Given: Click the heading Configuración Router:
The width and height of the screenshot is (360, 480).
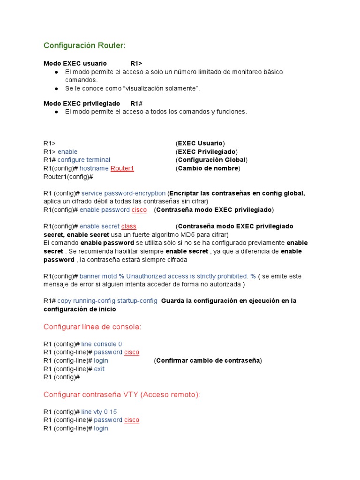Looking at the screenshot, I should tap(84, 45).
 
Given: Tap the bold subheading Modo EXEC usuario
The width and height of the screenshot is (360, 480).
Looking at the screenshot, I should tap(75, 63).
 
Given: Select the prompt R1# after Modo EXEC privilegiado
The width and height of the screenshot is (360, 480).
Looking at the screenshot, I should tap(136, 103).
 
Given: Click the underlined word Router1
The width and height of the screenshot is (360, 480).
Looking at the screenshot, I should tap(122, 168).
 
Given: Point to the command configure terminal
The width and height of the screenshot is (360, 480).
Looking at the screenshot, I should tap(84, 160).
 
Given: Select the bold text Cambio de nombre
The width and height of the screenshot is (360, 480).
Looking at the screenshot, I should tap(208, 168).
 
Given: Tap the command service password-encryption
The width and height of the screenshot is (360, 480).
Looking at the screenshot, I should tap(123, 193).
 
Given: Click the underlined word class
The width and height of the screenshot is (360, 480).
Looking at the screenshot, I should tap(128, 226).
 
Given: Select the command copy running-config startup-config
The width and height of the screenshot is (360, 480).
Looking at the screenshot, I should tap(107, 300).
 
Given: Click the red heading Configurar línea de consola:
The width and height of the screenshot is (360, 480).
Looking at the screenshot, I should tap(92, 327).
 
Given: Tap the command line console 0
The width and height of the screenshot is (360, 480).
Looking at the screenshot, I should tap(102, 344).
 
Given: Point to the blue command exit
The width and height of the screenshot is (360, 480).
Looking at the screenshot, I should tap(99, 369).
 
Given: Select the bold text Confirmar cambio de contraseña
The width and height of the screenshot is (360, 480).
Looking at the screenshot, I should tap(208, 360).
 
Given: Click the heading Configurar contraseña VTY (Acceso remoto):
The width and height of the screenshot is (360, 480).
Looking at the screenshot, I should tap(121, 395).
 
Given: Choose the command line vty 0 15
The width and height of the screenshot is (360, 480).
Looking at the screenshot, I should tap(99, 412).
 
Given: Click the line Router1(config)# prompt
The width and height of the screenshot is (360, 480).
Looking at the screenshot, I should tap(68, 177).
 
